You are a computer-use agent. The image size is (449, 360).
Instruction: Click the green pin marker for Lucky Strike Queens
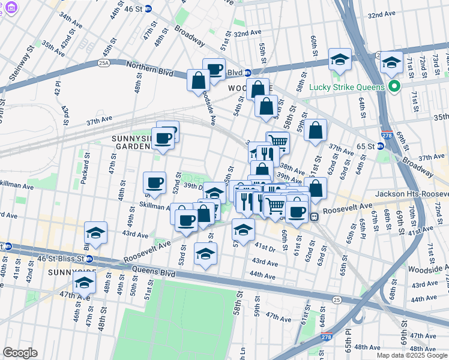point(394,87)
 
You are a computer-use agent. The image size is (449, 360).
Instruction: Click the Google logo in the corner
point(20,352)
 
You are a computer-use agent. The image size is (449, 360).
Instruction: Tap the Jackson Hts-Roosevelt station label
point(411,194)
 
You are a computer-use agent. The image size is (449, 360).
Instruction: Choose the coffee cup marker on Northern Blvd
point(214,69)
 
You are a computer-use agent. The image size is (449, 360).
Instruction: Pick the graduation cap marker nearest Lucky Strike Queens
point(391,62)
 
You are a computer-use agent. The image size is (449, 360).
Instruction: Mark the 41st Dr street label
point(264,247)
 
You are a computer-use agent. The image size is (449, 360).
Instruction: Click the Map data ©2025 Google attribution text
point(411,355)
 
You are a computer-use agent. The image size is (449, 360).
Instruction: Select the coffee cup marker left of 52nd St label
point(154,183)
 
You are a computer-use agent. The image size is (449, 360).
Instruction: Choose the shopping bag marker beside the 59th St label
point(315,130)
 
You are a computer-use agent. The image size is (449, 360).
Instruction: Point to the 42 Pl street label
point(58,88)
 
